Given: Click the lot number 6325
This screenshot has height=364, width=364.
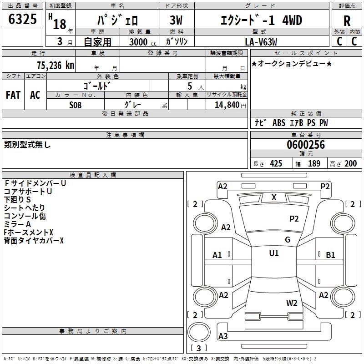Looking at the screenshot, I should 22,20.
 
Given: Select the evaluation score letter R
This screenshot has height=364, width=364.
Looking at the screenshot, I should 347,20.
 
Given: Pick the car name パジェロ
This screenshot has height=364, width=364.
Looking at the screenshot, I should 117,20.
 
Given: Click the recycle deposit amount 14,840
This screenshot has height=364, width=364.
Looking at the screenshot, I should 226,105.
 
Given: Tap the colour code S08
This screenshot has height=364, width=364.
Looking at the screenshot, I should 76,105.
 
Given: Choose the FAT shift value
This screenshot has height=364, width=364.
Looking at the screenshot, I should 13,95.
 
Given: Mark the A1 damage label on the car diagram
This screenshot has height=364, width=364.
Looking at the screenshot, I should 217,255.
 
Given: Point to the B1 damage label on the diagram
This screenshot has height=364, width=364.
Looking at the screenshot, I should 330,255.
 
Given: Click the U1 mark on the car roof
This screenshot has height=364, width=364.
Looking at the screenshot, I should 274,253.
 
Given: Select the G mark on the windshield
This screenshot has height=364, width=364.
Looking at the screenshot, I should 288,240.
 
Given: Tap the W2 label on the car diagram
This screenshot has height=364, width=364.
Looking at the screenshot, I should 292,303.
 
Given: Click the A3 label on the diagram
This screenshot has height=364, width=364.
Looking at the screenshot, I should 223,336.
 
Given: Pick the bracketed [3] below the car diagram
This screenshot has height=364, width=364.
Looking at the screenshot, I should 198,349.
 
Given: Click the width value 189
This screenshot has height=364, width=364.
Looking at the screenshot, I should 314,164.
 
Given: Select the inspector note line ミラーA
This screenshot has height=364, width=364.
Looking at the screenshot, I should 17,224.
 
